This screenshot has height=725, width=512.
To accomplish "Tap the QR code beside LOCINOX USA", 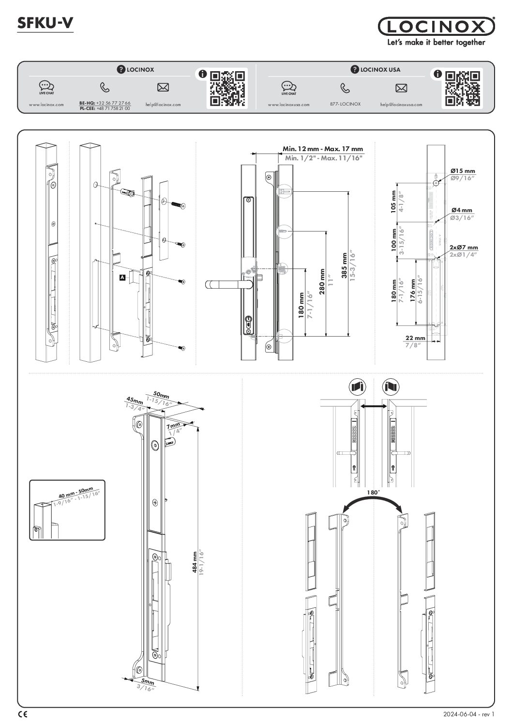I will click(463, 88).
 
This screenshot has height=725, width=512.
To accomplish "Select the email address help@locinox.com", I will click(163, 104).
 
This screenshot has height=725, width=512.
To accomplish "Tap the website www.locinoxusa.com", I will click(288, 104).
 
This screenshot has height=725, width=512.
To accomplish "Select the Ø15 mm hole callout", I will click(463, 171).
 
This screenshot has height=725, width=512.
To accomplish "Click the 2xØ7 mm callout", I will click(464, 247).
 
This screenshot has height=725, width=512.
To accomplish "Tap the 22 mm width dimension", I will click(415, 338).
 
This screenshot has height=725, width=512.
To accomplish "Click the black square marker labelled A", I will click(122, 278).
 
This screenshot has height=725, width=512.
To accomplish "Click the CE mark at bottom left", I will click(23, 714).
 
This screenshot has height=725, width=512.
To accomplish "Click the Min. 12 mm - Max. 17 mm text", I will click(322, 149).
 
